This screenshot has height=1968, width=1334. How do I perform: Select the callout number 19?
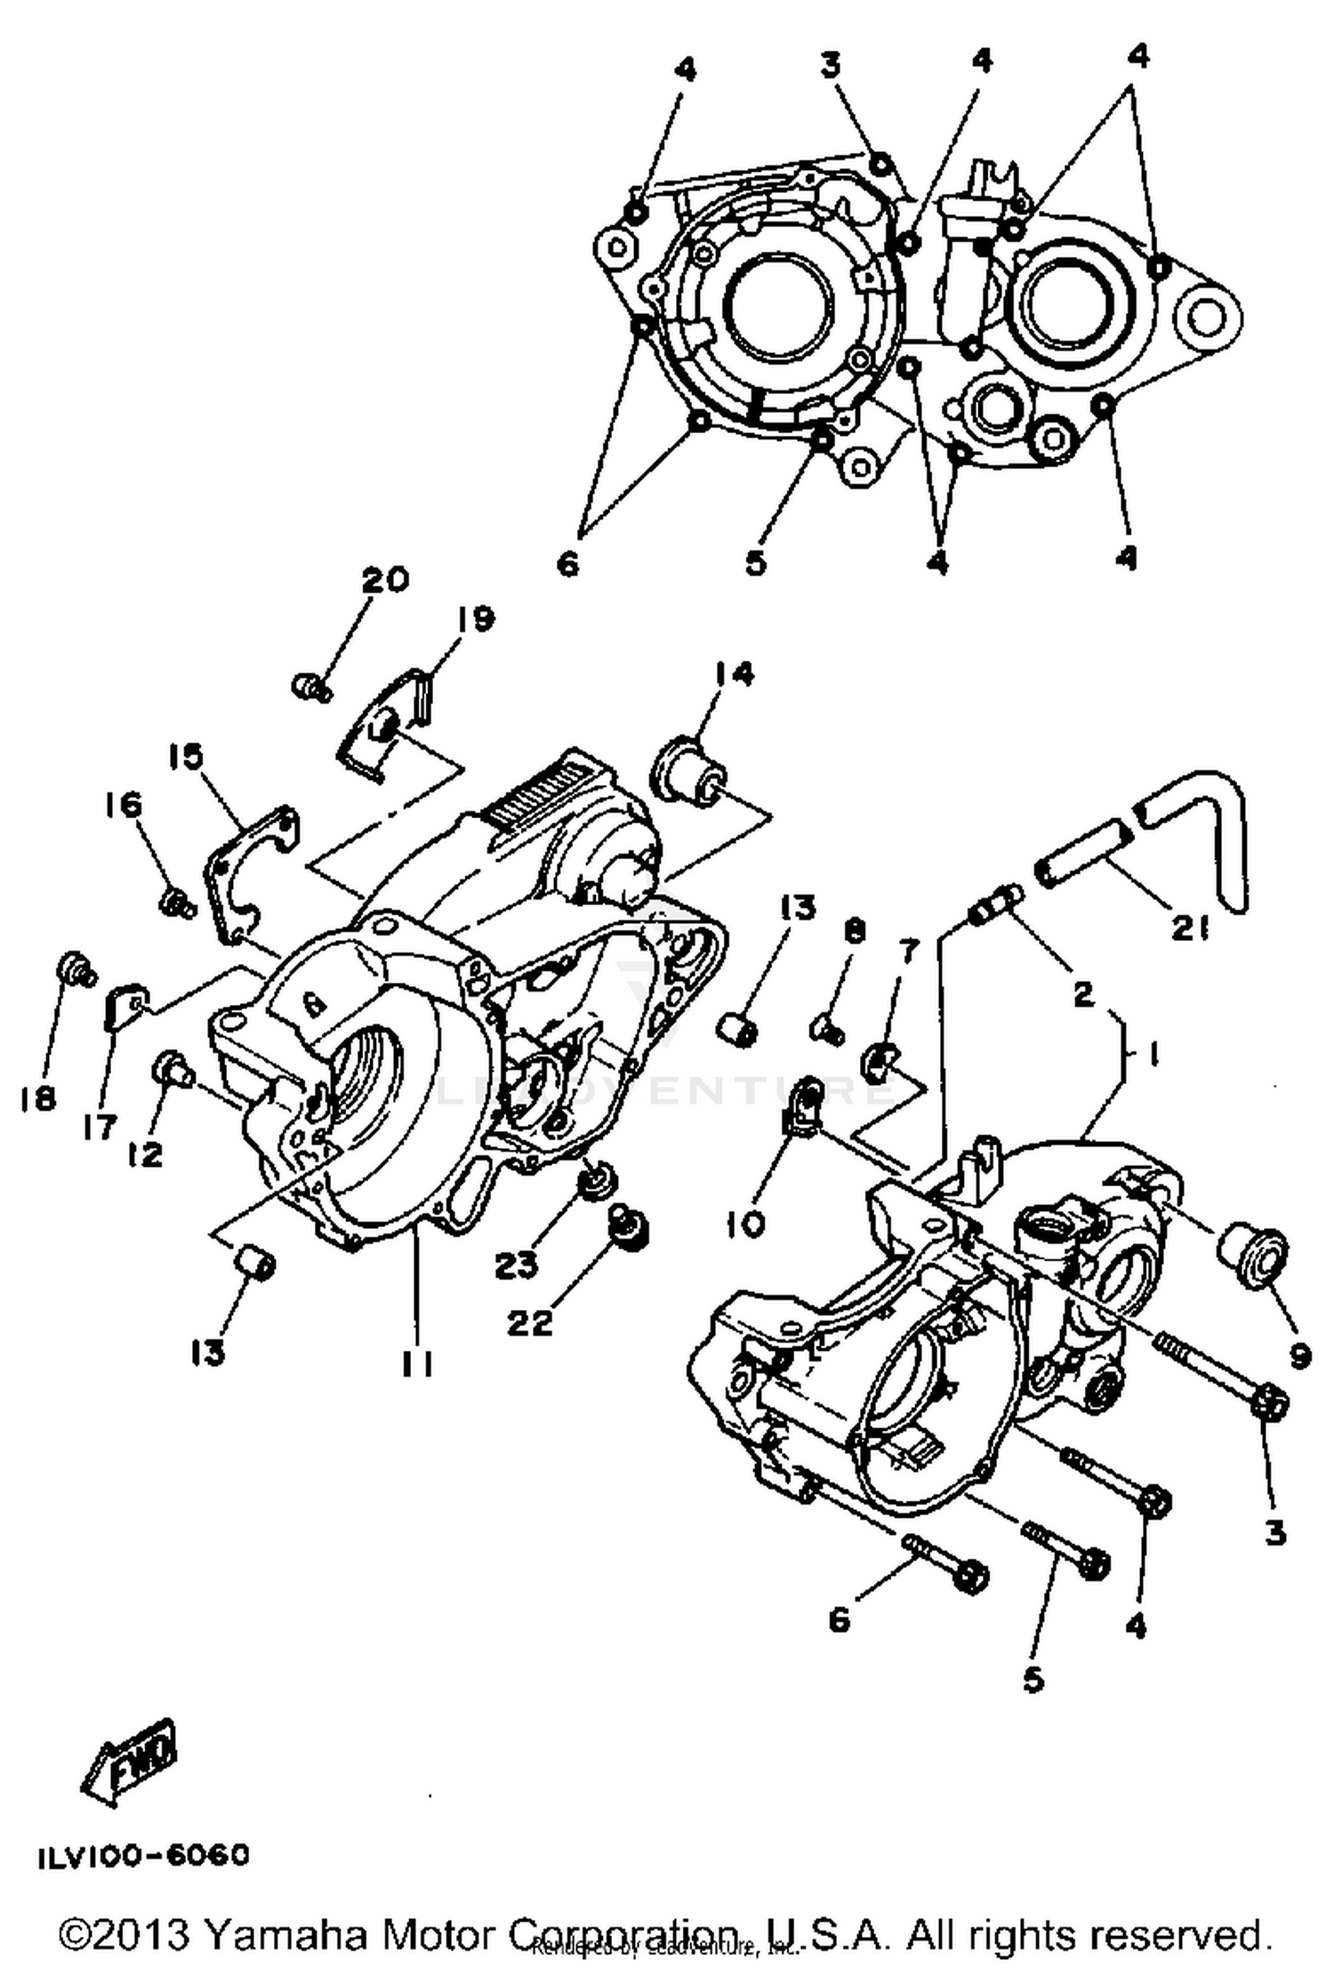[476, 619]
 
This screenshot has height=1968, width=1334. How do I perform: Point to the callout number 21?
[1190, 930]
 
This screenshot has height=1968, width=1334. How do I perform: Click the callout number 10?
[745, 1225]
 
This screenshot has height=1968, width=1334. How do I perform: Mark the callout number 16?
[124, 806]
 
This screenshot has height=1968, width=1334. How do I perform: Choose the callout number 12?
[146, 1154]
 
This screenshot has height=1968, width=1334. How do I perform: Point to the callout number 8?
[854, 931]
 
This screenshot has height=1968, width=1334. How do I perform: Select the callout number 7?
[907, 952]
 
